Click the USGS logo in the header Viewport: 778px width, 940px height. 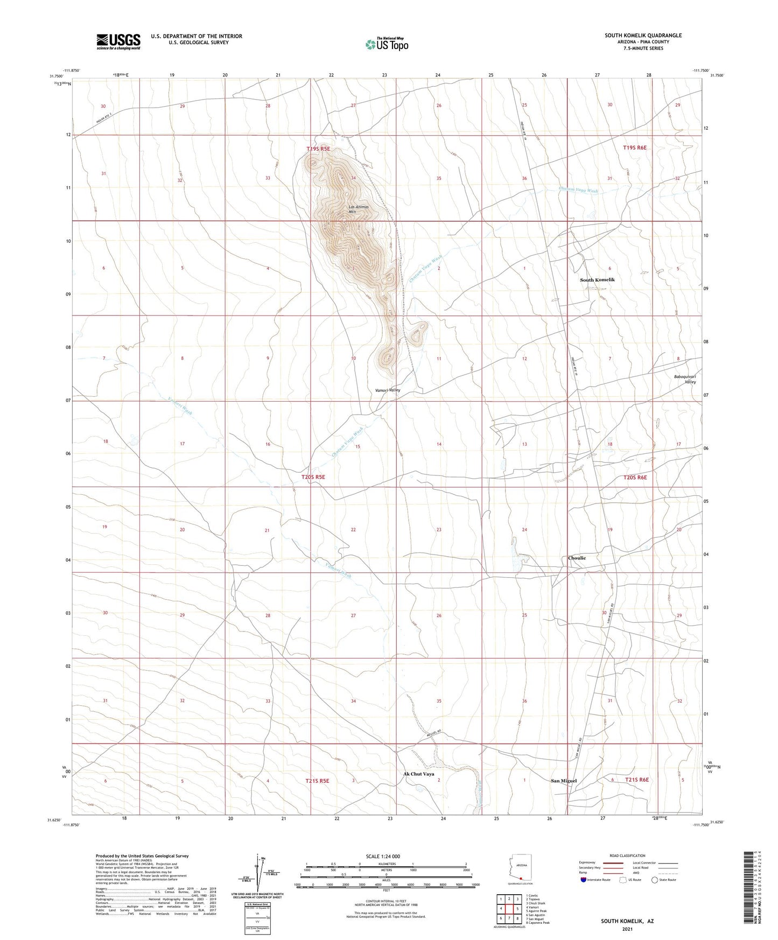pos(118,41)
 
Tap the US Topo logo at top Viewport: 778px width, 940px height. pos(387,44)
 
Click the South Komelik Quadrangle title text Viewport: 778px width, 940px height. pos(643,36)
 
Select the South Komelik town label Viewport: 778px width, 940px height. pos(597,280)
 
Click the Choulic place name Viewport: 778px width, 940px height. pos(577,558)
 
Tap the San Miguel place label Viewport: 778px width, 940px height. pos(564,781)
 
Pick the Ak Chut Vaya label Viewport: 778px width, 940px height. pos(418,774)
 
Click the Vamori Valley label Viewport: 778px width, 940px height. pos(388,390)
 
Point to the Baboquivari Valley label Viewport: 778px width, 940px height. pos(685,379)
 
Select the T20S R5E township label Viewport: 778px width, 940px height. pos(313,477)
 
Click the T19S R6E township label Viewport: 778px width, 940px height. pos(634,148)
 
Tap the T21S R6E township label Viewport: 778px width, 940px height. pos(636,780)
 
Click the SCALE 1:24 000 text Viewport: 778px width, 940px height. pos(383,856)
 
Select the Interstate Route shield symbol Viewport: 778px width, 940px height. pos(584,880)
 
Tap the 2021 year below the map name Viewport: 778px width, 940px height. pos(627,929)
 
